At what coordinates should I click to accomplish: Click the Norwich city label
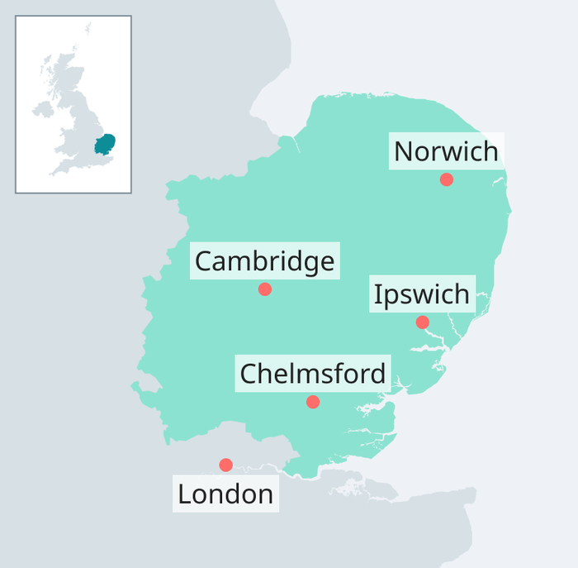446,152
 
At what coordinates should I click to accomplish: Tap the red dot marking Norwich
447,179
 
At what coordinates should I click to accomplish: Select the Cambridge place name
264,262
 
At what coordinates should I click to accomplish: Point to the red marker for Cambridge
265,289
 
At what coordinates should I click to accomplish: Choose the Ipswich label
421,294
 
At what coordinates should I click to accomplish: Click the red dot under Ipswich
423,322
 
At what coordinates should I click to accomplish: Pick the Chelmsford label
312,374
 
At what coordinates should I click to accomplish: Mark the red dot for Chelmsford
313,402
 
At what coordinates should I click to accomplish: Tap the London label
225,494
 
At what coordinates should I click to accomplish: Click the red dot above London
225,465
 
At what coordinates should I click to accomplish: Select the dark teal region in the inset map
104,145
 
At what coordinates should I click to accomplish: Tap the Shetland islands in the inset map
88,29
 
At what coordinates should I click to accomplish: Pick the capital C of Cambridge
203,262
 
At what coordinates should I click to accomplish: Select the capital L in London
184,494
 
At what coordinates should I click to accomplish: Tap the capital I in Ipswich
378,294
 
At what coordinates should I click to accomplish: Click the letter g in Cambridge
309,265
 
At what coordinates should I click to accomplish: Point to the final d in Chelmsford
377,374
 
